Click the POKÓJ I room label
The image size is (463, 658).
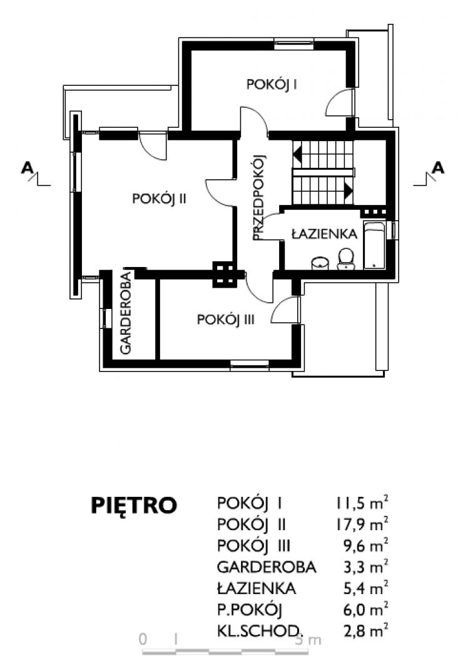coord(272,85)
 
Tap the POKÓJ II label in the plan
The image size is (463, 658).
coord(159,199)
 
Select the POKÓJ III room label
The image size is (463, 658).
coord(225,320)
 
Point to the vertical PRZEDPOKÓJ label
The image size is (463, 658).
coord(260,197)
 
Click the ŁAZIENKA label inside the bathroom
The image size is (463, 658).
coord(324,233)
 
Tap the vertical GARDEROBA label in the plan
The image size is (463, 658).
coord(126,312)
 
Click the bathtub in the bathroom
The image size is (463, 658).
coord(374,246)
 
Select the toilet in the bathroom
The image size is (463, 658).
coord(346,259)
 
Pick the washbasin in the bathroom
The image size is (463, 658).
coord(320,263)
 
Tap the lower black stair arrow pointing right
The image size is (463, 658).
coord(349,190)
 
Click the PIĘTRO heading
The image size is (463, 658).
coord(134,505)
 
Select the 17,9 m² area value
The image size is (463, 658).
coord(361,524)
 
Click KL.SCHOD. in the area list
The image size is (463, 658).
coord(258,630)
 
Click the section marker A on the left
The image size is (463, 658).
coord(28,168)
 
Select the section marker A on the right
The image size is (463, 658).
coord(438,168)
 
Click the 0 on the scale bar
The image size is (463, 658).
coord(143,639)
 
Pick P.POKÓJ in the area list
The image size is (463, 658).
coord(250,610)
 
